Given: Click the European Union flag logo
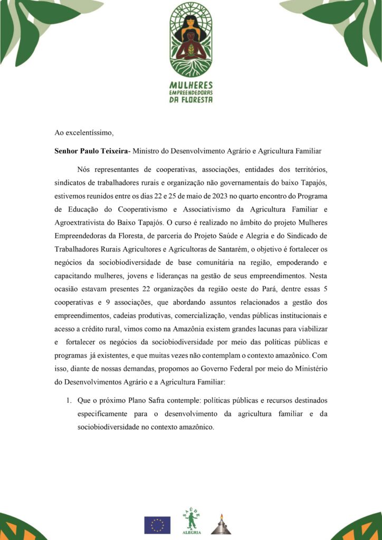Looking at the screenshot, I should [x=157, y=524].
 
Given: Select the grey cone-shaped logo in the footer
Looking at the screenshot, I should [x=222, y=524].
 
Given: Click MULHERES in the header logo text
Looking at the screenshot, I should [x=191, y=84].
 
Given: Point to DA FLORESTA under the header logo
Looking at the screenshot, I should [x=191, y=99].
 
